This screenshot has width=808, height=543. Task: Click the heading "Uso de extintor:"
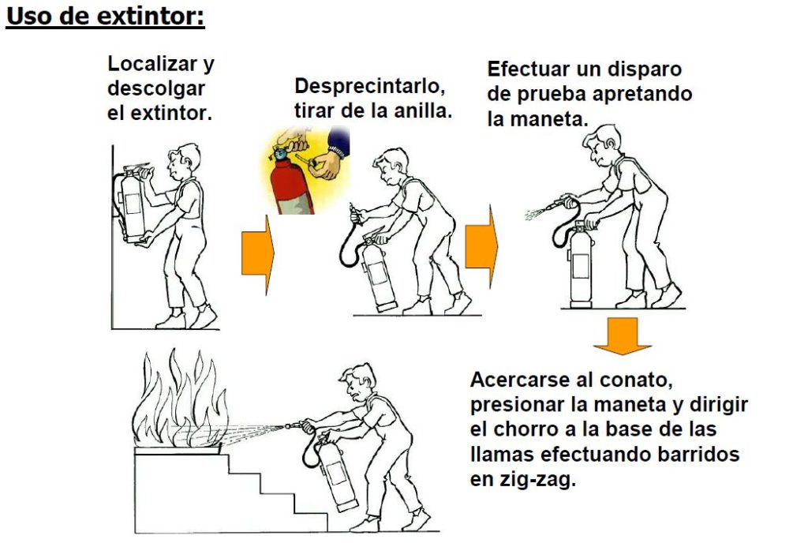(x=105, y=16)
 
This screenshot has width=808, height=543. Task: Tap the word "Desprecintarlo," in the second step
(x=370, y=85)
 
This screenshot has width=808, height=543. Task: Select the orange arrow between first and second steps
(x=258, y=254)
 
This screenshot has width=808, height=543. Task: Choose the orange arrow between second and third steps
(x=481, y=246)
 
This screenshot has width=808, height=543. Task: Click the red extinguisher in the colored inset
(x=291, y=186)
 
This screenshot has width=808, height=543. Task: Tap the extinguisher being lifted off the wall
(x=132, y=203)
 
